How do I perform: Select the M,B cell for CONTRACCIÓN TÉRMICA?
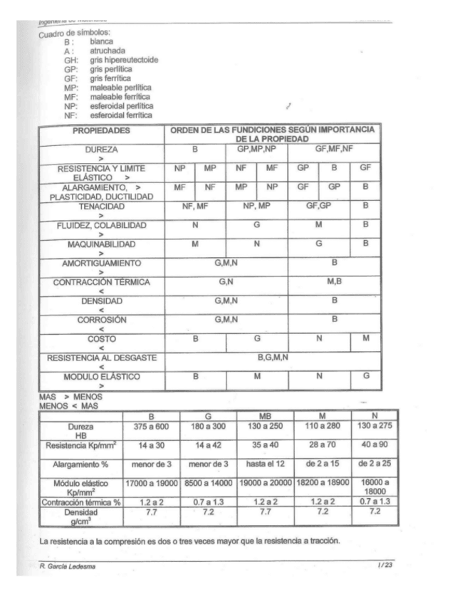(x=334, y=282)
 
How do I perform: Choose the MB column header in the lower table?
(x=265, y=415)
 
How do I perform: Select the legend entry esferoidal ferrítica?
(x=120, y=115)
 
